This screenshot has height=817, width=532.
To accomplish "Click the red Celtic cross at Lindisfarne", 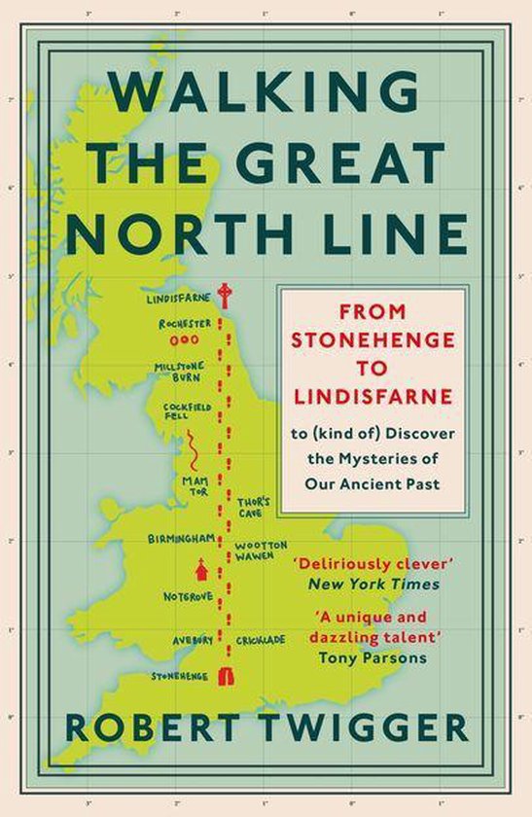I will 226,294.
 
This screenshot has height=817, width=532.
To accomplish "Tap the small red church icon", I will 201,567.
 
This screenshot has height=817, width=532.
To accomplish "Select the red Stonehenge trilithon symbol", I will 228,673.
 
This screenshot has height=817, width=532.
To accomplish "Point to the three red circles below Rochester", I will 183,341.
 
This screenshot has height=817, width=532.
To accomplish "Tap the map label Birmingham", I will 181,538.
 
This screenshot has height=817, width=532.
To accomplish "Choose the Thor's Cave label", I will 254,507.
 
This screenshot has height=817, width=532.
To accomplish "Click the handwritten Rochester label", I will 184,323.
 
